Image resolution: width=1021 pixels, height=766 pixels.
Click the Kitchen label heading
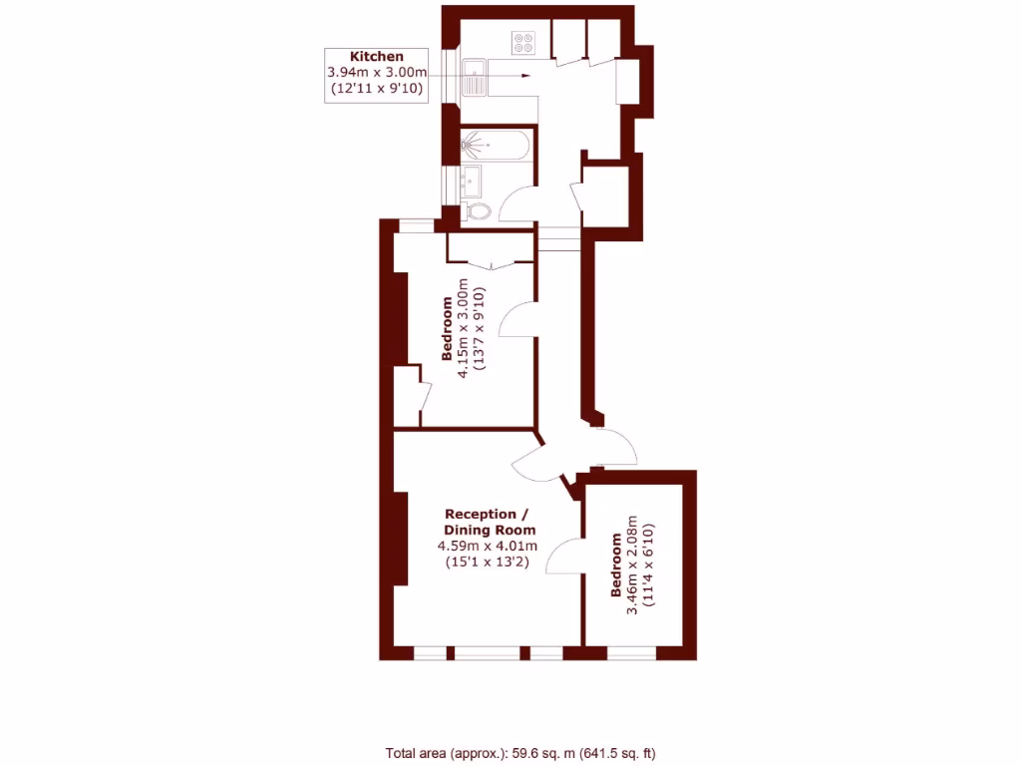(x=377, y=57)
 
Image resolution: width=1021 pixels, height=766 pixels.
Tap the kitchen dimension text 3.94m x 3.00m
(x=377, y=73)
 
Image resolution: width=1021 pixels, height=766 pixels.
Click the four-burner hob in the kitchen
(x=524, y=43)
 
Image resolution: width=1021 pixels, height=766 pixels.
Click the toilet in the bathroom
(x=479, y=210)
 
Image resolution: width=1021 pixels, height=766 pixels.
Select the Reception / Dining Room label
(x=489, y=523)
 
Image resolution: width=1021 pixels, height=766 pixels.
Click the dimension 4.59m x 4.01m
(x=488, y=547)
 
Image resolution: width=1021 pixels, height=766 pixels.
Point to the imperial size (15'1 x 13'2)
(x=488, y=563)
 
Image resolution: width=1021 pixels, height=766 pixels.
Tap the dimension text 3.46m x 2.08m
(x=632, y=565)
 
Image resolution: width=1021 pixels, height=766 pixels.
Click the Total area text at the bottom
(x=520, y=753)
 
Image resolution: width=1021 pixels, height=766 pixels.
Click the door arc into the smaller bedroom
(x=565, y=556)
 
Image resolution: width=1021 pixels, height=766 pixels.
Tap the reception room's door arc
(x=534, y=462)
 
